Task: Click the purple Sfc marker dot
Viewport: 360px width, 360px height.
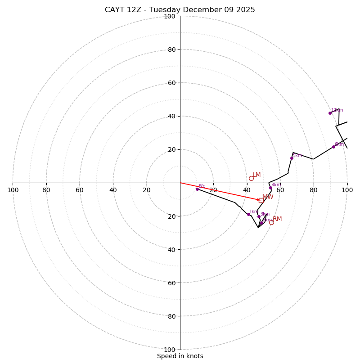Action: click(x=197, y=189)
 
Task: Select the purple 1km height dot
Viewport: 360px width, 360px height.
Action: click(x=248, y=214)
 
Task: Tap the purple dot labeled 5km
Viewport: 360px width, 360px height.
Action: click(x=292, y=158)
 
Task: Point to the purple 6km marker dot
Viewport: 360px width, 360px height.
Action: click(x=333, y=147)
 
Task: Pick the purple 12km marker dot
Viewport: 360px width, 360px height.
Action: click(x=330, y=113)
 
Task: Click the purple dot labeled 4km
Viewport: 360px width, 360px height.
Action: click(x=270, y=188)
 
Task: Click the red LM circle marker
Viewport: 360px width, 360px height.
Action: click(x=251, y=178)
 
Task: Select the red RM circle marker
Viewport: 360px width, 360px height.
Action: click(x=271, y=222)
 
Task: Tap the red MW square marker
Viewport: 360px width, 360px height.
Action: click(x=261, y=200)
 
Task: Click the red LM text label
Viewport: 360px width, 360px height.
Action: click(x=256, y=175)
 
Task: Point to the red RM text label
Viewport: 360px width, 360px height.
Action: click(x=277, y=219)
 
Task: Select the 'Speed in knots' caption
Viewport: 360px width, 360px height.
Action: click(x=180, y=356)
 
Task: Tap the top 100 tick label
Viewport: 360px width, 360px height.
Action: click(x=170, y=16)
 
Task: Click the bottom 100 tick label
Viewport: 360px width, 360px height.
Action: click(x=170, y=349)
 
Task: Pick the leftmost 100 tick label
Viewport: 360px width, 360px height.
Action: click(x=13, y=190)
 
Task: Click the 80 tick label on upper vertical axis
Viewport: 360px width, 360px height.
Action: click(x=171, y=49)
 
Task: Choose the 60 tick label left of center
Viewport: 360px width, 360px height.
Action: click(x=80, y=190)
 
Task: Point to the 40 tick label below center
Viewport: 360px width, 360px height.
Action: click(x=171, y=249)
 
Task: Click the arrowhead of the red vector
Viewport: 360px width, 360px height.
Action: click(x=258, y=199)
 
